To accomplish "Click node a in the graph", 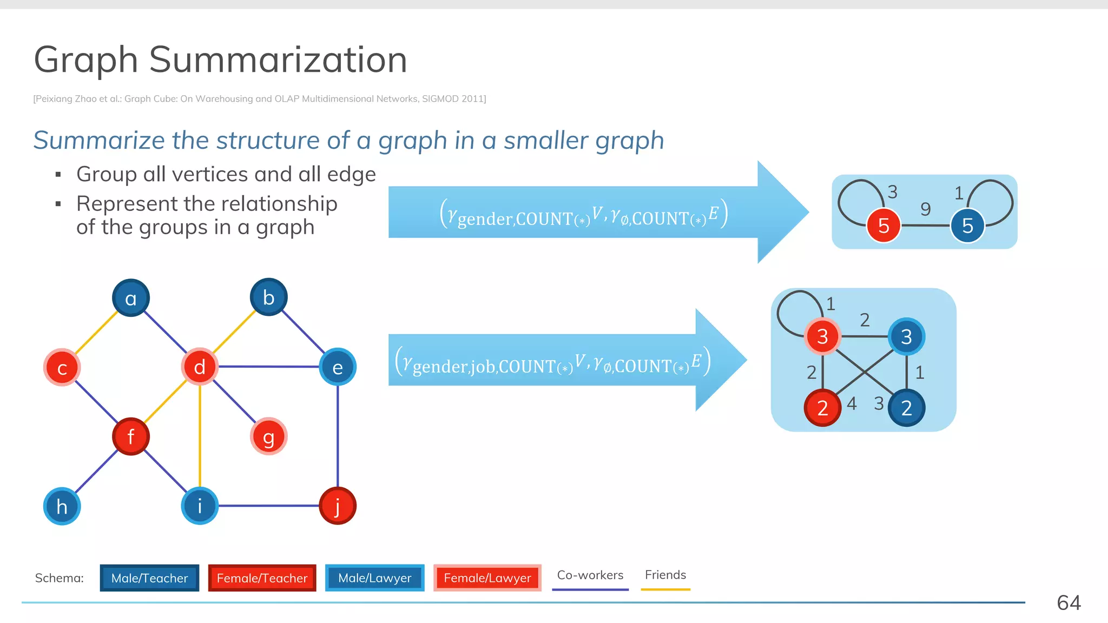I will tap(131, 298).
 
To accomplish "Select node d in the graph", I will tap(200, 367).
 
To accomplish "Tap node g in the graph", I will tap(268, 436).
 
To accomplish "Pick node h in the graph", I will tap(62, 506).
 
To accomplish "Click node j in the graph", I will tap(338, 506).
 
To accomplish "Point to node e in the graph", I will tap(338, 367).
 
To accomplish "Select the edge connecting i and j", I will tap(268, 506).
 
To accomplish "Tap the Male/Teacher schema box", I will tap(149, 578).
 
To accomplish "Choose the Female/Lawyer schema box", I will tap(487, 578).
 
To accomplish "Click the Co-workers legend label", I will tap(590, 575).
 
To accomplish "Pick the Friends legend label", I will tap(665, 575).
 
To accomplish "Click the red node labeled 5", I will tap(883, 226).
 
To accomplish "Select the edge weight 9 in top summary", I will tap(926, 209).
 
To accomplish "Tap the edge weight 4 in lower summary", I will tap(852, 403).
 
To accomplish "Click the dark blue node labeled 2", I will tap(906, 408).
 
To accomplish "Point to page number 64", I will tap(1069, 602).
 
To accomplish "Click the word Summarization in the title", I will tap(278, 59).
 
